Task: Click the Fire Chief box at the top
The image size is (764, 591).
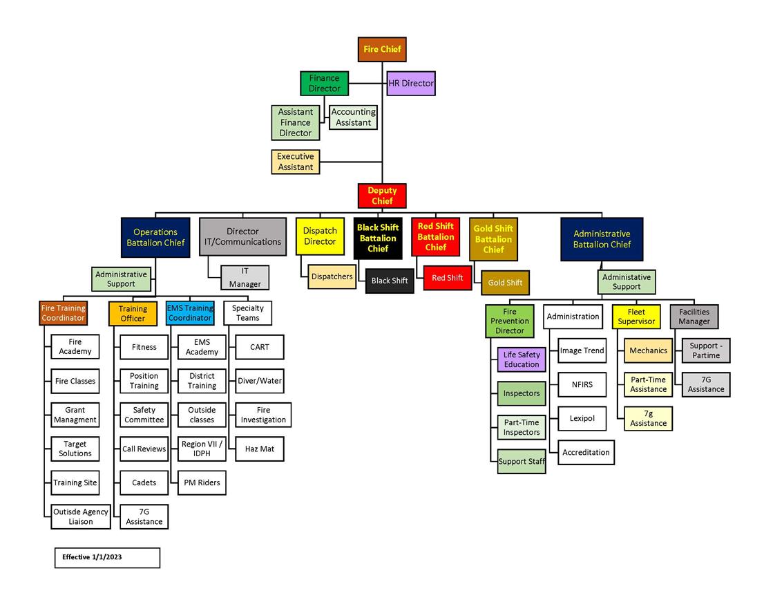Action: [x=382, y=50]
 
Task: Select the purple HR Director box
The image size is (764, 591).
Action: [x=411, y=84]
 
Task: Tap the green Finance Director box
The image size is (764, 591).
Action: [x=324, y=84]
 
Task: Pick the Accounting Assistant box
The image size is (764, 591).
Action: [x=353, y=118]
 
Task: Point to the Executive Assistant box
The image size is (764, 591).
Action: [x=296, y=162]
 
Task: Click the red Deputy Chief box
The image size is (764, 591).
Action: [x=382, y=196]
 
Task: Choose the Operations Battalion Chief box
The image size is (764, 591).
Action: [x=155, y=238]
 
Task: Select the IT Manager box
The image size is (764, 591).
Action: [x=245, y=278]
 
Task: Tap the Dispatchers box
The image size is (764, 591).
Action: [x=332, y=276]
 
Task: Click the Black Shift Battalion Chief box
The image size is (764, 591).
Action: [x=378, y=238]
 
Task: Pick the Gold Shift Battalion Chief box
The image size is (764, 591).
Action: [x=493, y=239]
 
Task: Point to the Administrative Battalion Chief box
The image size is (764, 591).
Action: [x=602, y=239]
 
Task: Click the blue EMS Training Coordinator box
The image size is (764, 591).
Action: [x=190, y=313]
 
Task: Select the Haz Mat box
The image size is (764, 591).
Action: [x=260, y=449]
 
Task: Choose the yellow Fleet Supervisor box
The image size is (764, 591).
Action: [x=636, y=317]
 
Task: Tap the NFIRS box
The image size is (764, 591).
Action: [x=582, y=384]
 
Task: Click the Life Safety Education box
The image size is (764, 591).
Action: [x=522, y=359]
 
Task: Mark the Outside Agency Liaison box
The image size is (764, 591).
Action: [x=81, y=516]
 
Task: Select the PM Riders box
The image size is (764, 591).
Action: [x=202, y=482]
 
